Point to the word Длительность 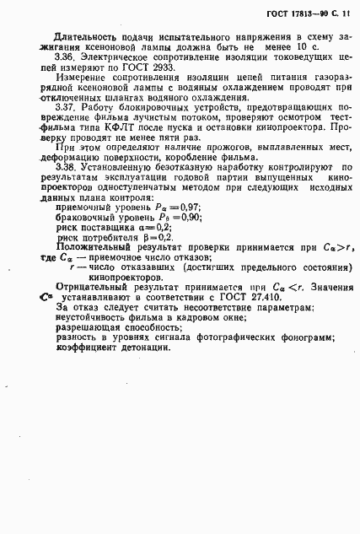[86, 38]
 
